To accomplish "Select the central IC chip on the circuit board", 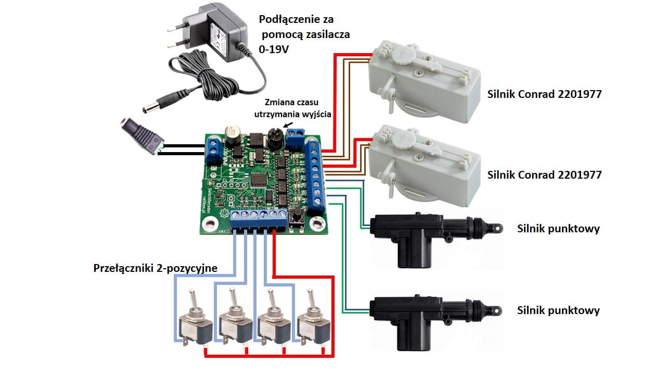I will [x=259, y=179].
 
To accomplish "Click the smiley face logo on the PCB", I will [x=224, y=213].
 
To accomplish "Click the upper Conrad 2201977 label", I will [x=544, y=95].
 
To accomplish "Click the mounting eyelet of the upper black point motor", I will [x=497, y=228].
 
